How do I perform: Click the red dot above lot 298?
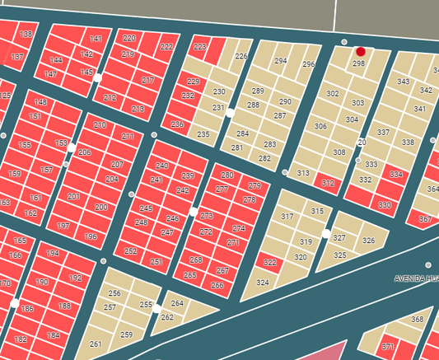361,52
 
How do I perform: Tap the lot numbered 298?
358,63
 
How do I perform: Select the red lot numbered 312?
328,183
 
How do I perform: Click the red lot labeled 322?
270,263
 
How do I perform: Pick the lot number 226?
241,56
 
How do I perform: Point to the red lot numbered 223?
199,48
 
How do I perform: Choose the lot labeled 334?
396,175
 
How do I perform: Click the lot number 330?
385,205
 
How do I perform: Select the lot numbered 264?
177,303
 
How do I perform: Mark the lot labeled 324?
263,283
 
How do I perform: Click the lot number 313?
303,173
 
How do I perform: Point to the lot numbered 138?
26,35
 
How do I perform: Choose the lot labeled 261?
96,344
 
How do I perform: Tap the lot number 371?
388,347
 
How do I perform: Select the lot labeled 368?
417,320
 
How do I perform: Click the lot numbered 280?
227,175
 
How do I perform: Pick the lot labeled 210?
100,125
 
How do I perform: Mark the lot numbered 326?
368,241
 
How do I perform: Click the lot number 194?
53,253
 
